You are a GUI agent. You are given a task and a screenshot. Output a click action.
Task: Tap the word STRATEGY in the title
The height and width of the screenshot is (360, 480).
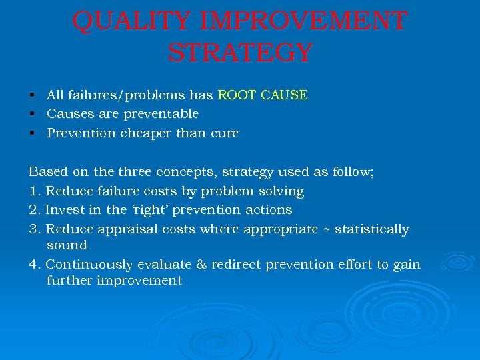[240, 53]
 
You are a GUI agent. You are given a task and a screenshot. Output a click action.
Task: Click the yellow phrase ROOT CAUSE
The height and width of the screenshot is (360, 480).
[263, 95]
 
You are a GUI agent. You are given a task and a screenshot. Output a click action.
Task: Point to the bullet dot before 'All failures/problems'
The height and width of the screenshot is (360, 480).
[32, 95]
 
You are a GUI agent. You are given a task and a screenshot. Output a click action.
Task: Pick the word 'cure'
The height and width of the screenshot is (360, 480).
[224, 133]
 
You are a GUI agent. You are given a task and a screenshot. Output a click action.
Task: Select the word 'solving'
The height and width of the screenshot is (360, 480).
[280, 191]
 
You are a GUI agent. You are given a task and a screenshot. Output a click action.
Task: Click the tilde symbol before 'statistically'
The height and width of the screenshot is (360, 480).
[327, 229]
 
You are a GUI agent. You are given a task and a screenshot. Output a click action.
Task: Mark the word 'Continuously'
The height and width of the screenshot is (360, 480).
[86, 265]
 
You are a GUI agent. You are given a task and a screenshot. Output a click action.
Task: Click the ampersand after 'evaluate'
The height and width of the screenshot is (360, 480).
[202, 265]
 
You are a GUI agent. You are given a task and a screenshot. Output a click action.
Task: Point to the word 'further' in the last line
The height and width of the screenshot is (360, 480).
[69, 281]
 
